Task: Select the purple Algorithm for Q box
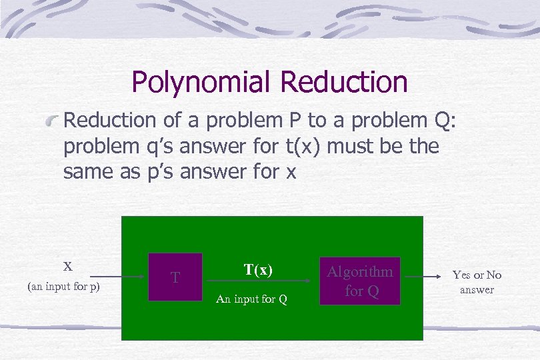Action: [359, 281]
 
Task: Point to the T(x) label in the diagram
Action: [258, 270]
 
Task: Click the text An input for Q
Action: [252, 299]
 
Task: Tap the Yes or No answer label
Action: [477, 282]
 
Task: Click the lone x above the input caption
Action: [67, 266]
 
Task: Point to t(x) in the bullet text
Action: [303, 146]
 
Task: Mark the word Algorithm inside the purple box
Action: [359, 272]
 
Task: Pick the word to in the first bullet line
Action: [315, 121]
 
